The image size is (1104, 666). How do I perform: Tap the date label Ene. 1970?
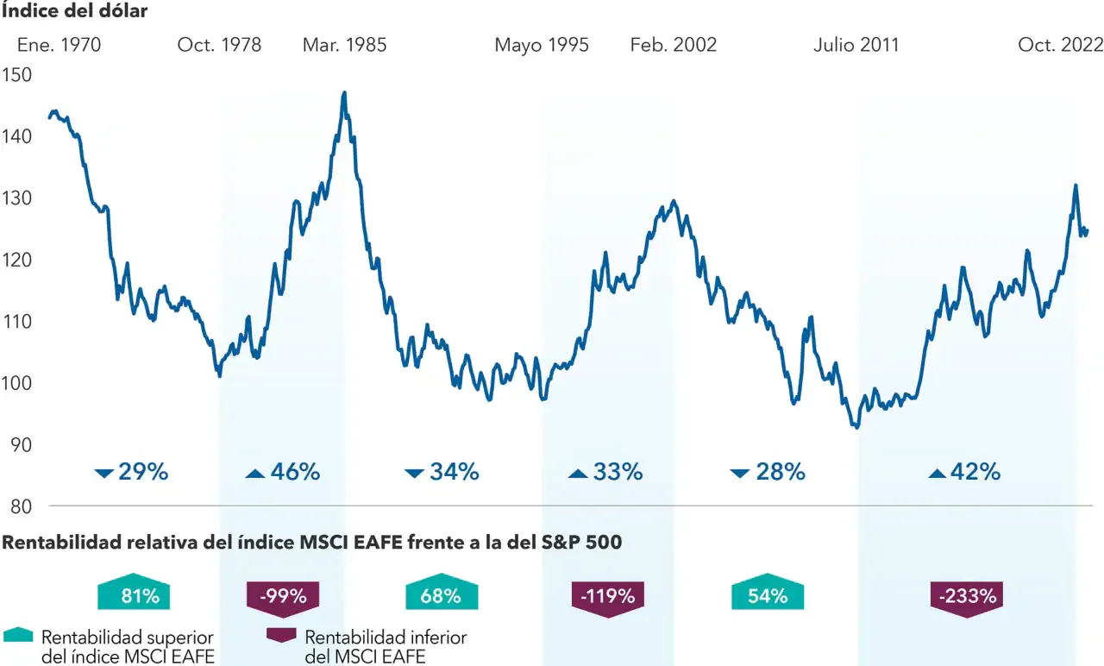[59, 45]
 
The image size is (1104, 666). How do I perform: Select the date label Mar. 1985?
[344, 45]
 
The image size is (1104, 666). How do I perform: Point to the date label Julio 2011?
[856, 45]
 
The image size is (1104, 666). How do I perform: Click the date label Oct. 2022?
[1060, 45]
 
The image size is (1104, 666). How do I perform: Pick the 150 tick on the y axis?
[17, 75]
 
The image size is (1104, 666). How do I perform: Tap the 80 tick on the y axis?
[17, 506]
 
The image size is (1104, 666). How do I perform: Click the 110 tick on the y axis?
[17, 322]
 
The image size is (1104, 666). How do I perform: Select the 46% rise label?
[295, 472]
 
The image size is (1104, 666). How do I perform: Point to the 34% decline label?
[454, 472]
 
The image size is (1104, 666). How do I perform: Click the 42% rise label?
[975, 472]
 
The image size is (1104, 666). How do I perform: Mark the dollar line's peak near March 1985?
[344, 92]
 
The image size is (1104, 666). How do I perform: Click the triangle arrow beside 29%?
[104, 473]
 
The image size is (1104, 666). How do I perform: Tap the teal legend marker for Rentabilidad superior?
[18, 635]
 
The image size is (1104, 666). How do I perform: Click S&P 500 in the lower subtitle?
[580, 543]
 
